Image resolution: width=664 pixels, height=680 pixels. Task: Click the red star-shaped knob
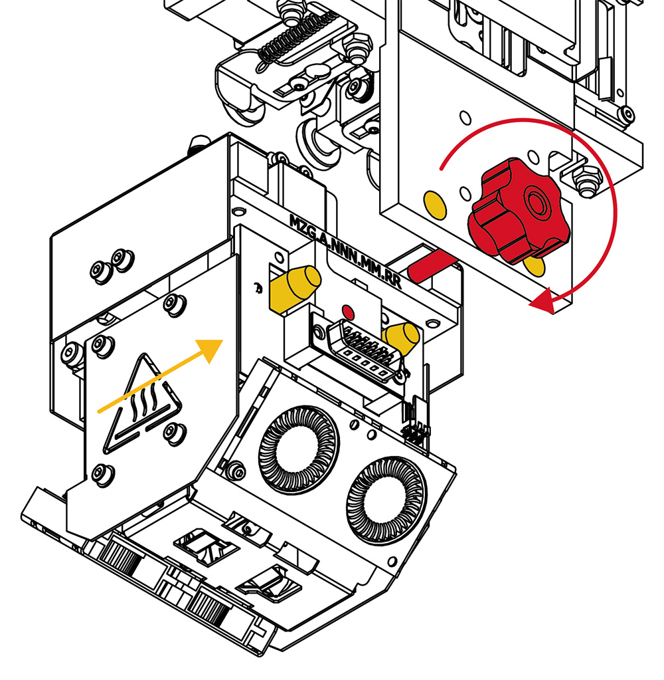(518, 211)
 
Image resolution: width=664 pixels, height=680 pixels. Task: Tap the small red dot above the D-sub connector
(348, 311)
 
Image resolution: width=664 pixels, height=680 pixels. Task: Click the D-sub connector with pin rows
(365, 352)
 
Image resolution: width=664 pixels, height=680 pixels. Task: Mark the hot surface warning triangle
(142, 403)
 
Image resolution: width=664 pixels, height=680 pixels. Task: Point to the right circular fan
(386, 499)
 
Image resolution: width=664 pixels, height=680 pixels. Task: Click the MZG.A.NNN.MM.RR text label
(345, 250)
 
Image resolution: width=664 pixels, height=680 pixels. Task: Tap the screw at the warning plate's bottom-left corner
(103, 474)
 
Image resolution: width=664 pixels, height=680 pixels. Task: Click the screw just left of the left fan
(236, 470)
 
